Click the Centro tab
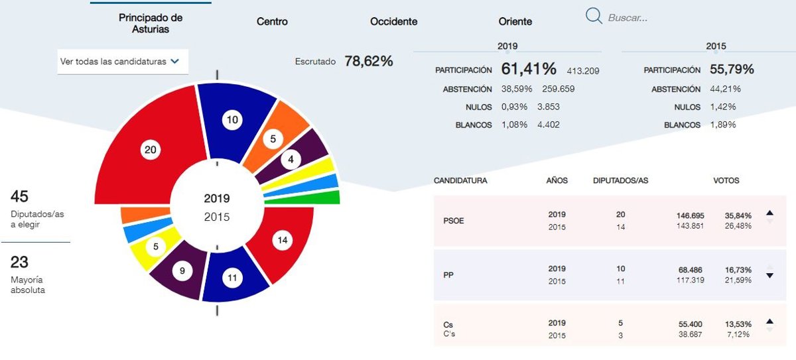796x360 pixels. (x=272, y=22)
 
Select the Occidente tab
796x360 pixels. (x=393, y=22)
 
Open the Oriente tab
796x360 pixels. (x=515, y=22)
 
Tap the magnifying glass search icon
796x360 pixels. (x=594, y=16)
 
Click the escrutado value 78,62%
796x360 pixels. (x=369, y=62)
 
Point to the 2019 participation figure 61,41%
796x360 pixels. (x=529, y=69)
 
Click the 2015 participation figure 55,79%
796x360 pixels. (x=732, y=70)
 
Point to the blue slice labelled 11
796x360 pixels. (x=232, y=278)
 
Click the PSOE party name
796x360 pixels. (x=454, y=221)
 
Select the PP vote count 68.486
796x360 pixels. (x=689, y=270)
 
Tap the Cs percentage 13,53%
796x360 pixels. (x=738, y=324)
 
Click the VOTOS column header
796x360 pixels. (x=726, y=180)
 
